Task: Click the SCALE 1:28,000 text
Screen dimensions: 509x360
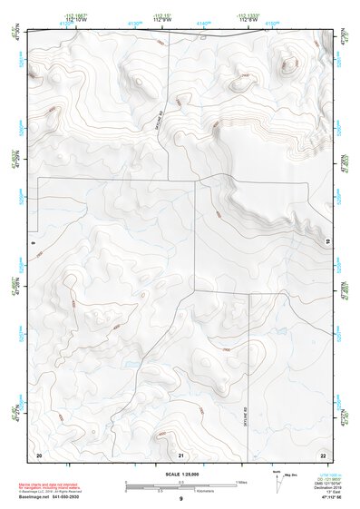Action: pos(180,474)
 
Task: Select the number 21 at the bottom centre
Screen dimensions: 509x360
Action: pos(181,454)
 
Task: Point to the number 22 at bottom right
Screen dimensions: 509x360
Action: pos(322,454)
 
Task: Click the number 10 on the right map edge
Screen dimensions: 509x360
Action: pos(327,240)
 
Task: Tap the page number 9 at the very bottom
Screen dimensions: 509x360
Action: pos(180,500)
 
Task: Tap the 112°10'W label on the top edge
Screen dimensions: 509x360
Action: pos(78,20)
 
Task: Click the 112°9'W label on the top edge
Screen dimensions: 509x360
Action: pos(163,20)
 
